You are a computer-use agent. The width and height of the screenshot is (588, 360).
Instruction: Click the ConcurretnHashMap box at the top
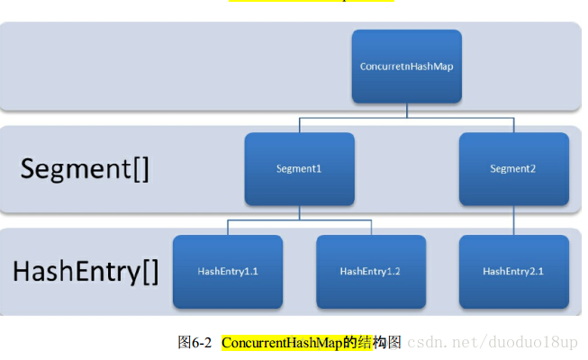click(x=406, y=66)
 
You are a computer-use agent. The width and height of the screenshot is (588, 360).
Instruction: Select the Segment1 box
click(x=299, y=168)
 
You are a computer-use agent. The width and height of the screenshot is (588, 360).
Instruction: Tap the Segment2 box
click(x=513, y=168)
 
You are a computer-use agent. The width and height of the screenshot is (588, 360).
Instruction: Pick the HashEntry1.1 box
click(x=228, y=271)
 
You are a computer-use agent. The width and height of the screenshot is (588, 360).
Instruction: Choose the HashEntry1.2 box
click(x=371, y=271)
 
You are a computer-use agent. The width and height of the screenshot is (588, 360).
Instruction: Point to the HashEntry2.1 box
click(x=513, y=271)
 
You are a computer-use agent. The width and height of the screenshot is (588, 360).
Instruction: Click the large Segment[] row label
click(x=85, y=169)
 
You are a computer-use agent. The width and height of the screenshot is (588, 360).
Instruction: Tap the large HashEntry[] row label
click(x=85, y=271)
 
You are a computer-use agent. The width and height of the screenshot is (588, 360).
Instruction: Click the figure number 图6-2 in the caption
click(x=194, y=343)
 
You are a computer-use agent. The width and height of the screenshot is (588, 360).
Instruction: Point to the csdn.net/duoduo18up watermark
click(x=493, y=343)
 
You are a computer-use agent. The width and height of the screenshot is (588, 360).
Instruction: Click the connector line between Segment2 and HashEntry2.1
click(x=513, y=220)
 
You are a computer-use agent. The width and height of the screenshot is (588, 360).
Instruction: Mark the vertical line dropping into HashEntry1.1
click(x=228, y=227)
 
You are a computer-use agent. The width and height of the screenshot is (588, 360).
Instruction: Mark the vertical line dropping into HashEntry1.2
click(x=371, y=227)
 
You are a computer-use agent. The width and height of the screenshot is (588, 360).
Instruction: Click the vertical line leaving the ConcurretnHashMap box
click(x=406, y=110)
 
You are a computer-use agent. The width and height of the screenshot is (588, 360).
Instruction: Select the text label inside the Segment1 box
click(x=299, y=168)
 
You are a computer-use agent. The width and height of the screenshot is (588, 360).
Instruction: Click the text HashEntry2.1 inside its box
click(x=513, y=271)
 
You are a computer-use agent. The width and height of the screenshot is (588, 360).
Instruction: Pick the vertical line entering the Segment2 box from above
click(x=513, y=125)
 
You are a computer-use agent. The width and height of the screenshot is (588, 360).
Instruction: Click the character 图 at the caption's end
click(x=394, y=343)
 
